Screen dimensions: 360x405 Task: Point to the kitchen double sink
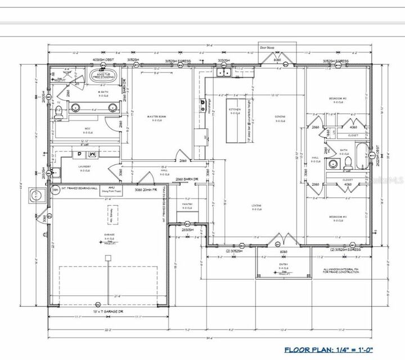coord(224,72)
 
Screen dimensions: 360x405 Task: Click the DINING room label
coord(280,117)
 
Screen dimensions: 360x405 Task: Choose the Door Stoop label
coord(265,48)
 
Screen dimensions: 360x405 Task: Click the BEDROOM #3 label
coord(337,217)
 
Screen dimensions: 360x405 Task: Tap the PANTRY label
coord(188,204)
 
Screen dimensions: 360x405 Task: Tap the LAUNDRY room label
coord(84,167)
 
